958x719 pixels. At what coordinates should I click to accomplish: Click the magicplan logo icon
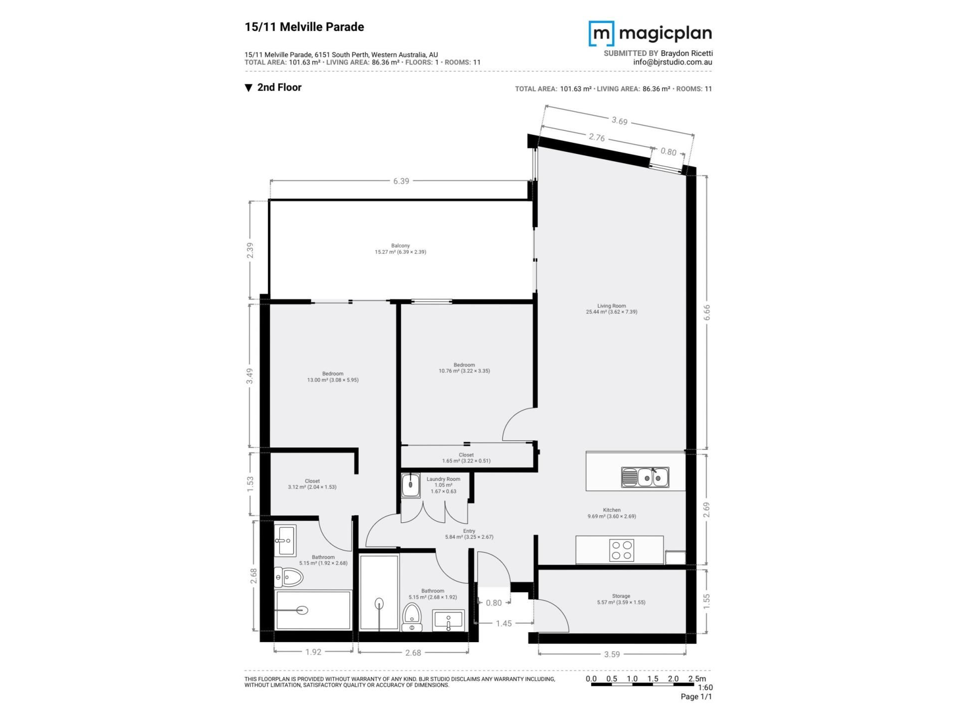[x=602, y=33]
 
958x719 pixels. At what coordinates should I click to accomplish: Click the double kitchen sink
[x=645, y=477]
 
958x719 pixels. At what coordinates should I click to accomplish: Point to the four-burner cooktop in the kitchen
[x=622, y=550]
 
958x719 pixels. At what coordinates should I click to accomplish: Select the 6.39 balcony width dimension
[x=401, y=181]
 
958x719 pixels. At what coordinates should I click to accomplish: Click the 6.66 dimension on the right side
[x=707, y=312]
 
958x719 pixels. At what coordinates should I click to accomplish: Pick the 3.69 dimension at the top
[x=619, y=121]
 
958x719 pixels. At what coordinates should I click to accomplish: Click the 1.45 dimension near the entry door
[x=504, y=623]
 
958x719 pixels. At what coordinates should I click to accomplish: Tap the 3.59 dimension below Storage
[x=612, y=654]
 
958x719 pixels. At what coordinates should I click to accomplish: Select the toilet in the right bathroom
[x=412, y=617]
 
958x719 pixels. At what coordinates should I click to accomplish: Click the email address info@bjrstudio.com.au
[x=673, y=62]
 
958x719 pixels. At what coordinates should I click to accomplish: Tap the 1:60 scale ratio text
[x=705, y=688]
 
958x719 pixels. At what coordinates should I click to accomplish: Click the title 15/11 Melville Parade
[x=304, y=27]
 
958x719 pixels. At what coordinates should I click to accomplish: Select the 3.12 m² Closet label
[x=312, y=484]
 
